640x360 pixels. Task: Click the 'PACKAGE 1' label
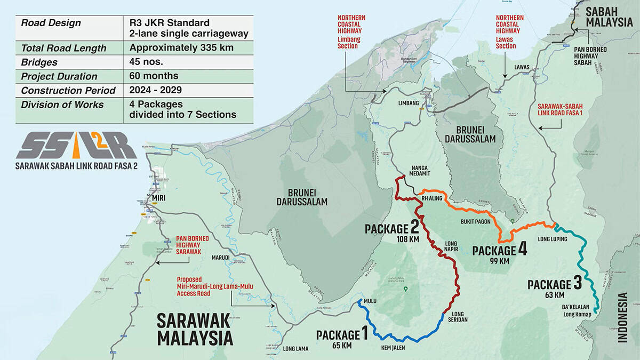point(341,334)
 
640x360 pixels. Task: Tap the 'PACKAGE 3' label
point(554,284)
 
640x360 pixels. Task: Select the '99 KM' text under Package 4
point(500,261)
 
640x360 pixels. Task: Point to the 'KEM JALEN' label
point(393,348)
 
